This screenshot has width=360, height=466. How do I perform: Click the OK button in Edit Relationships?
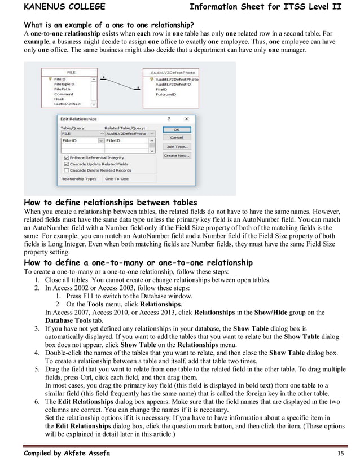[176, 129]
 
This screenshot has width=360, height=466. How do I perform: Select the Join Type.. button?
[176, 146]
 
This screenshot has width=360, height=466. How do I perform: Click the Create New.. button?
[176, 155]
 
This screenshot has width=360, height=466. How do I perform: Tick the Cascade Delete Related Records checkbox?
[67, 170]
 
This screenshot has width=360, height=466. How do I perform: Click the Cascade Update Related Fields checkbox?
[67, 164]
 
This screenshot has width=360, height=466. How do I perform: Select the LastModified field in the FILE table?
[67, 104]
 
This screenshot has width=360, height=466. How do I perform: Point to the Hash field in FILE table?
[59, 99]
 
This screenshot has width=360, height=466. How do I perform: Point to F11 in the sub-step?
[86, 296]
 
